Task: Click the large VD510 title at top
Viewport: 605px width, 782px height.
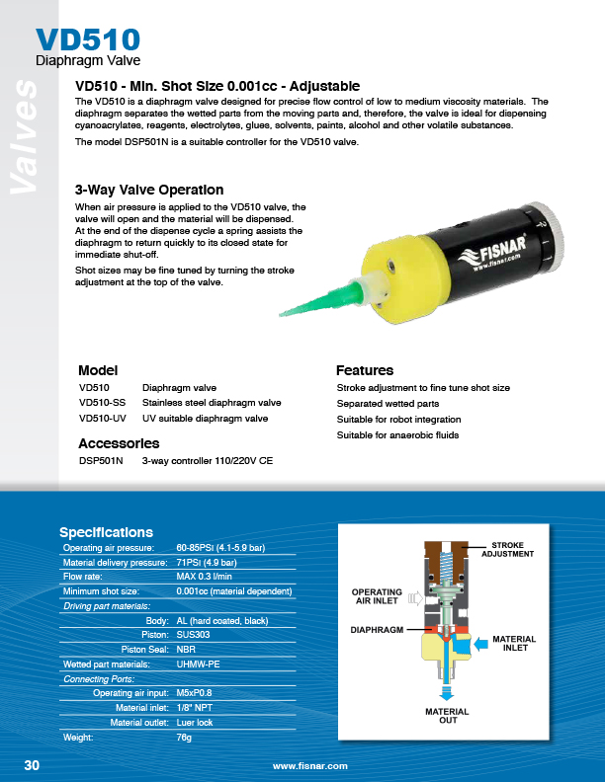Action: tap(87, 39)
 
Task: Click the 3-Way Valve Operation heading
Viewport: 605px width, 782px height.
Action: tap(149, 190)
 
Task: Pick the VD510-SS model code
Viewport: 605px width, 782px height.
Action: tap(103, 403)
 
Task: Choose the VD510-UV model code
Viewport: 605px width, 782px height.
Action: tap(103, 419)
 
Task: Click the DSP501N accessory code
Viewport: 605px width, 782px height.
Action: tap(101, 460)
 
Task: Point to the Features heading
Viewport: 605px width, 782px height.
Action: tap(365, 370)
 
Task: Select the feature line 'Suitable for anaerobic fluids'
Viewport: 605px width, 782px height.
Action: tap(397, 434)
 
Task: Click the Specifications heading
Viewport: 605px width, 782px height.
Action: tap(106, 532)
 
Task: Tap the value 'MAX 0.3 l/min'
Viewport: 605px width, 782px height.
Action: tap(205, 576)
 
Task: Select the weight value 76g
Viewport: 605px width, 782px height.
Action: tap(184, 737)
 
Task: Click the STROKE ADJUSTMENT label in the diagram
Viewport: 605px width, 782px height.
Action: tap(507, 550)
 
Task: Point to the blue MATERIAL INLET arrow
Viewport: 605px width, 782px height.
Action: tap(481, 643)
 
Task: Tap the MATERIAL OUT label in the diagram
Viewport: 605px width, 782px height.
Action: tap(447, 715)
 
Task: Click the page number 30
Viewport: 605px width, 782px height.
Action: tap(32, 766)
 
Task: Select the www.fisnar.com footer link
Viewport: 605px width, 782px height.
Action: tap(310, 766)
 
